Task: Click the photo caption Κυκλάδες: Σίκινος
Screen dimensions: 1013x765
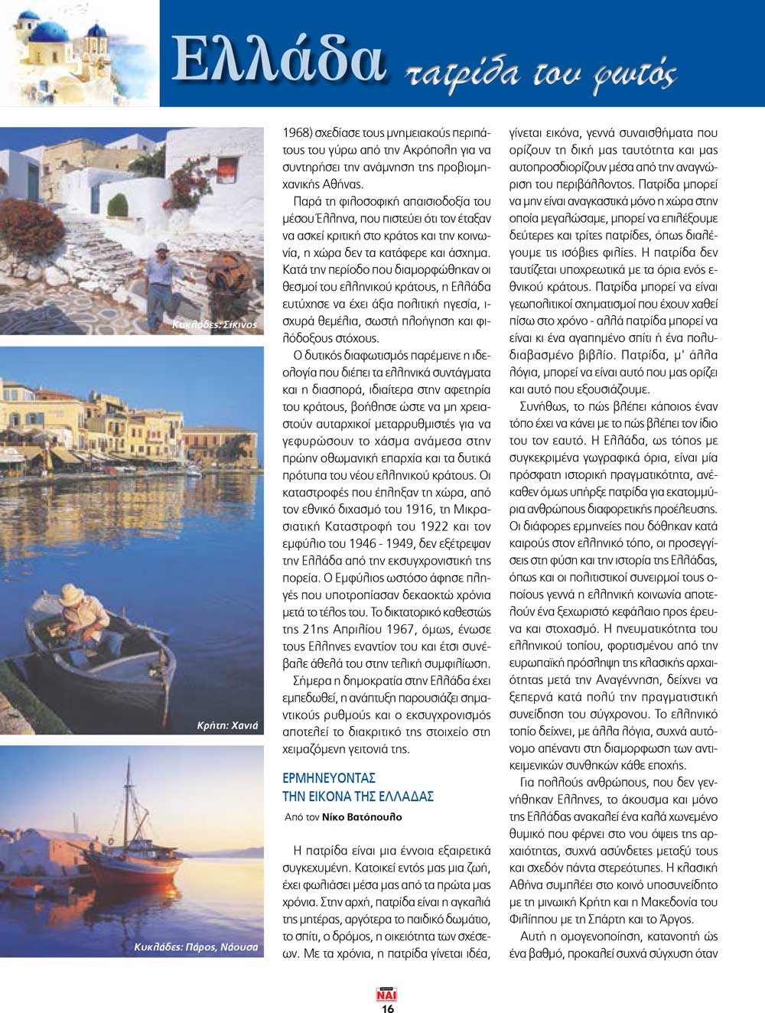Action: point(215,324)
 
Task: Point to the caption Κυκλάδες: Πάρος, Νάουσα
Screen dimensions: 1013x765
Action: point(196,946)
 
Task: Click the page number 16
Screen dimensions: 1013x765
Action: point(387,1008)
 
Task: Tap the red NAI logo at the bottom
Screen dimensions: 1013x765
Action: point(387,995)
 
